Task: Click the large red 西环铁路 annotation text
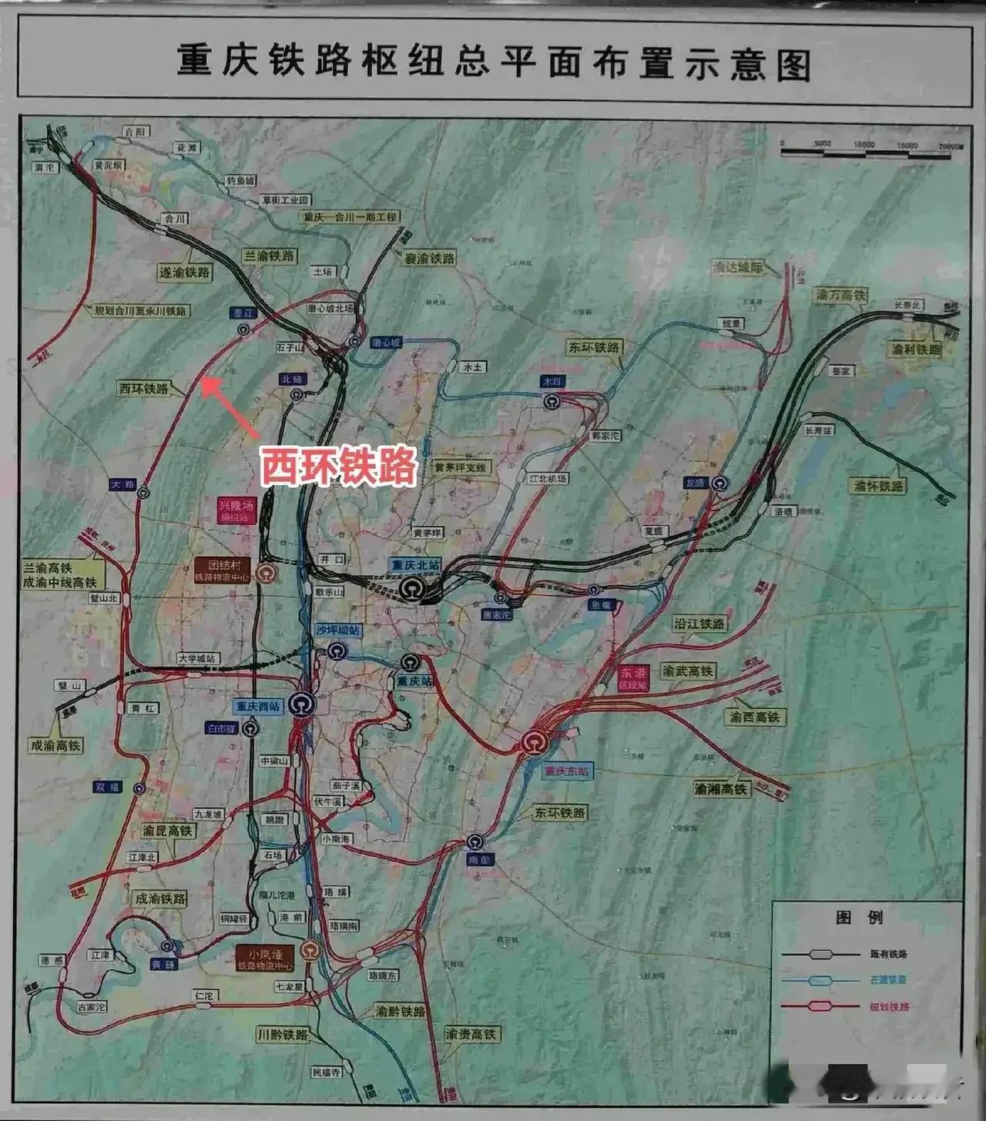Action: pos(338,466)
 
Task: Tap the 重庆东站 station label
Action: pos(566,771)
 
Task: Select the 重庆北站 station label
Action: pos(415,565)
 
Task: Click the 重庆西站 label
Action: pos(257,706)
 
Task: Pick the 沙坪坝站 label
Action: pos(337,630)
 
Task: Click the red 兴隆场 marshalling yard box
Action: pos(235,510)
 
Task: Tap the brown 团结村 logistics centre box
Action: pos(223,570)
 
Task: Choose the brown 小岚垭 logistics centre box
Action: pos(264,959)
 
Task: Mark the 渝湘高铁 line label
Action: pos(721,788)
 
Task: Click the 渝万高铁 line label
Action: pos(841,295)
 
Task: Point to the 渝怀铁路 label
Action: pos(878,486)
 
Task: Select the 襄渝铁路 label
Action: pos(430,259)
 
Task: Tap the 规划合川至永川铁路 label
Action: pos(140,311)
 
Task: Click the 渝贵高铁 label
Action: pos(471,1034)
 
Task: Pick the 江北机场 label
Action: pos(548,478)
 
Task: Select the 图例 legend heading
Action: pos(859,917)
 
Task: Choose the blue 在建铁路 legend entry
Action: pos(888,980)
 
